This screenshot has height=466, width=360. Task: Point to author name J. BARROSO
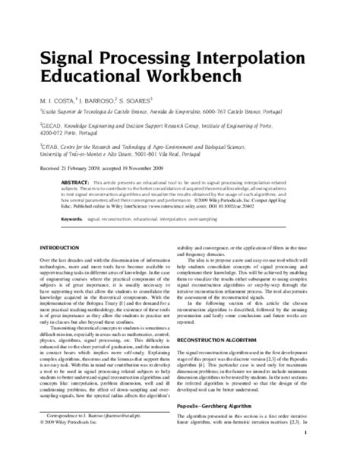coord(96,98)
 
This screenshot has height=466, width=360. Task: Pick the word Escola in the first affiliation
coord(48,110)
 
